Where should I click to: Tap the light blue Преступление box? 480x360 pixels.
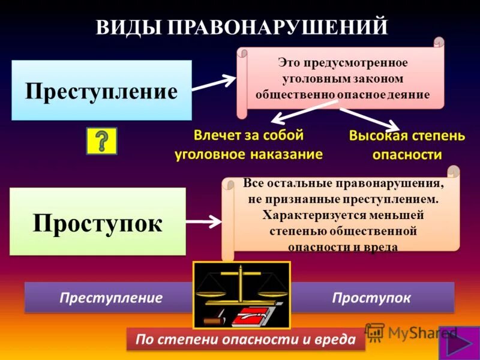coord(101,91)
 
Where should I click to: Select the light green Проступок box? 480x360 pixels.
coord(98,221)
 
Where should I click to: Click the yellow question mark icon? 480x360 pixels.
coord(102,141)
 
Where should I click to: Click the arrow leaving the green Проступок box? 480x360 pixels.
coord(204,221)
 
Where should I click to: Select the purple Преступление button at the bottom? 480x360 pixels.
coord(111,298)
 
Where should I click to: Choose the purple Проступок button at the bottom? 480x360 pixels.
coord(371,298)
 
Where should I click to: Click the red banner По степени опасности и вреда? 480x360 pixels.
coord(246,340)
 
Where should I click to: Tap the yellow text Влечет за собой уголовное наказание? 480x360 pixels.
coord(248,145)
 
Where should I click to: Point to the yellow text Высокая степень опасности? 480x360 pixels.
coord(407,145)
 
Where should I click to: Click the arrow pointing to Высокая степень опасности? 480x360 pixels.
coord(368,118)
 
